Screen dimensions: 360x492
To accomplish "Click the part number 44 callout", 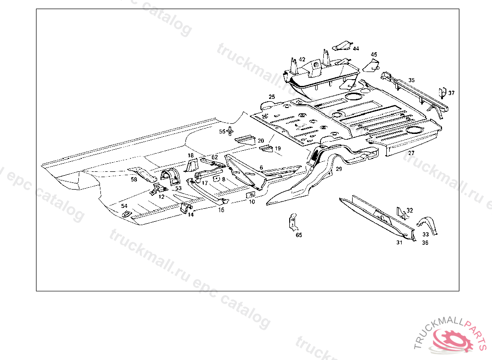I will click(356, 48).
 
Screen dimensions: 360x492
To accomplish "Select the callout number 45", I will click(374, 55).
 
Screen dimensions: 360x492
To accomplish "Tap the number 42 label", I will click(302, 60).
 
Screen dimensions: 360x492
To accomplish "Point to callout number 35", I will click(411, 80).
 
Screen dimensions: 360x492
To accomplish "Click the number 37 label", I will click(451, 93).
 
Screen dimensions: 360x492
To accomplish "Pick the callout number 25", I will click(272, 97).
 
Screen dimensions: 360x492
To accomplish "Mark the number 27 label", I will click(411, 153).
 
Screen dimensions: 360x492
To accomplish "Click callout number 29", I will click(339, 169).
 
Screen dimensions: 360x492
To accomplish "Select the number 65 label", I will click(299, 235).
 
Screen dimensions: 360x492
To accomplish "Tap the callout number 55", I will click(222, 132).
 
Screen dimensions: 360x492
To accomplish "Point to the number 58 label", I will click(134, 180).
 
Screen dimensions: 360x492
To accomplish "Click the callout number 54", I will click(124, 206).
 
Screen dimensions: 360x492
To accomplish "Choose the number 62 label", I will click(214, 157).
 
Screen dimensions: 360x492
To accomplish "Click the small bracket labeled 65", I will click(292, 222).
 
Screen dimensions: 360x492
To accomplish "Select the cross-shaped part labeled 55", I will click(231, 131).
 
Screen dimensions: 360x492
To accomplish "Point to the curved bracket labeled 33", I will click(428, 225).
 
